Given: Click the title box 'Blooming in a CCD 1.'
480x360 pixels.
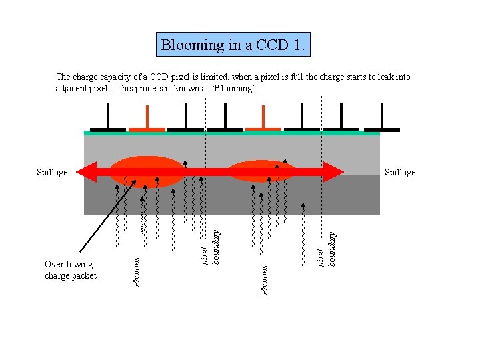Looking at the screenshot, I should [x=234, y=45].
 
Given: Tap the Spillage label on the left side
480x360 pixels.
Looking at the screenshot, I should [x=52, y=173].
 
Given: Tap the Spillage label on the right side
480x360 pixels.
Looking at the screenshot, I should [x=400, y=173].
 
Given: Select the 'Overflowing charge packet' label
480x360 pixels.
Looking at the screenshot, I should [x=70, y=270].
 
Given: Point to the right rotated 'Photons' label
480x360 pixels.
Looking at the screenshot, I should [x=264, y=280].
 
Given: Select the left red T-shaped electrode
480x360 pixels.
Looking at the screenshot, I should [x=147, y=121].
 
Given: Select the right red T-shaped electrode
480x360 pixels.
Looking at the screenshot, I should [x=263, y=121].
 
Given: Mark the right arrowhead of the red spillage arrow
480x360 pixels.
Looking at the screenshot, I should [x=336, y=173].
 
